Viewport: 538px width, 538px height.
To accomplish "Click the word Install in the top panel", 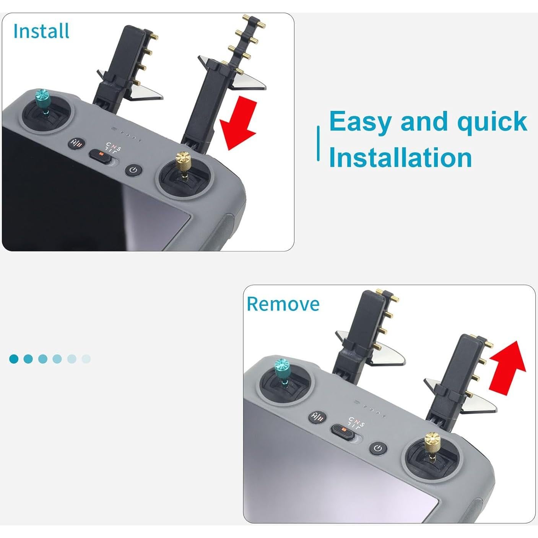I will pyautogui.click(x=41, y=31).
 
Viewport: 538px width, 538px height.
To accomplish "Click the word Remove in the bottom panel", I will pyautogui.click(x=283, y=304).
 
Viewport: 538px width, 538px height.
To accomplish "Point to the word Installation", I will pyautogui.click(x=400, y=158).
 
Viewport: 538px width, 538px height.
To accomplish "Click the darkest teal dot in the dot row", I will pyautogui.click(x=14, y=359).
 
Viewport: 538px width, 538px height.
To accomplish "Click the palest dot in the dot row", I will pyautogui.click(x=86, y=359).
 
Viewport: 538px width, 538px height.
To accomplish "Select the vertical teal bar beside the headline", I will pyautogui.click(x=318, y=143).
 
